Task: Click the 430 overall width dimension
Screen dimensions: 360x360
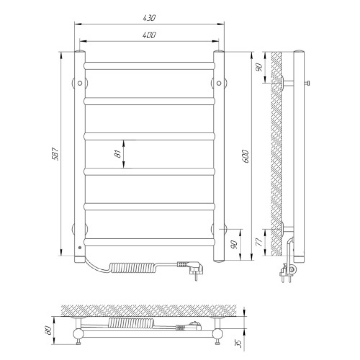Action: (x=149, y=18)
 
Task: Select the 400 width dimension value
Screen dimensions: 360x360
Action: (x=149, y=35)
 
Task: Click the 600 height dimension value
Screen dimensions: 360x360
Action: (x=245, y=156)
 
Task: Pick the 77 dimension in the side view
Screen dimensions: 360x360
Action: (x=259, y=242)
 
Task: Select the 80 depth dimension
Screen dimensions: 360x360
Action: (x=49, y=330)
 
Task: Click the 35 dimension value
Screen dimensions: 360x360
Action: (x=239, y=343)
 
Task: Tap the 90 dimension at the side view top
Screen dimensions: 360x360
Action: (x=259, y=67)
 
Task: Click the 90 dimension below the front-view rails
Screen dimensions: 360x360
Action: (x=234, y=245)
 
